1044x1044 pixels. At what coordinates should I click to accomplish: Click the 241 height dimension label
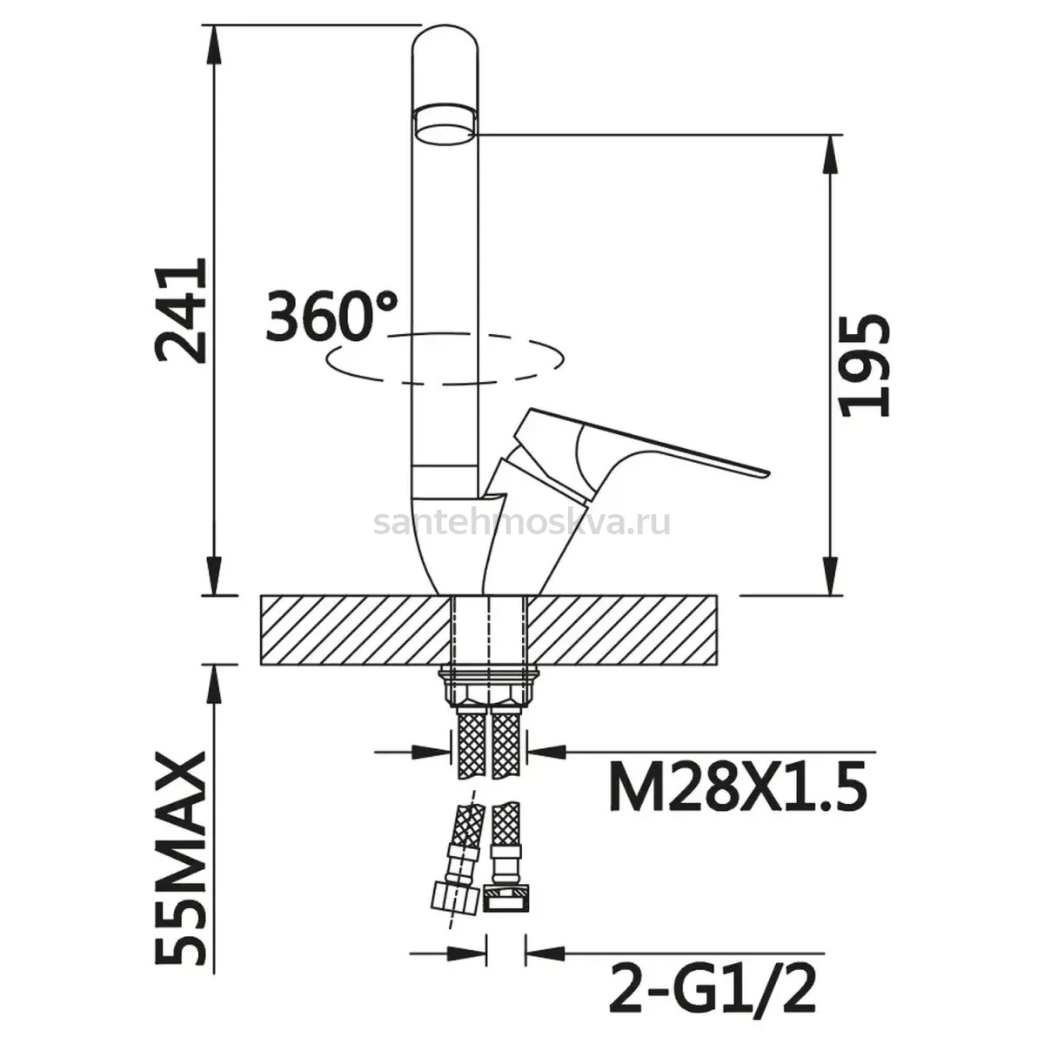tap(180, 310)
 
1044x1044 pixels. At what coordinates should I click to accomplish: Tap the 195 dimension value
tap(864, 365)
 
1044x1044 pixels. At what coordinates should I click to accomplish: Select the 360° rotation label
tap(331, 317)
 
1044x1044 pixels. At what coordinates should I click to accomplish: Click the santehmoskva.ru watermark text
tap(522, 523)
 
